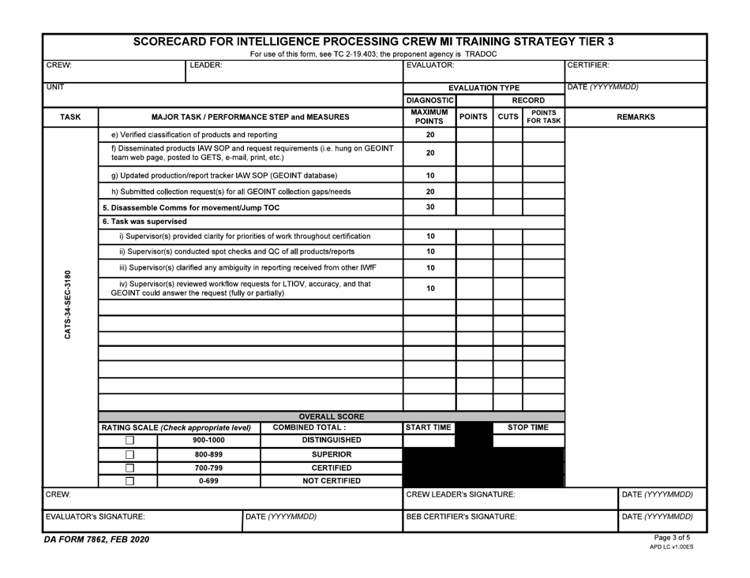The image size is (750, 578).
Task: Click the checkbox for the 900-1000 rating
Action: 130,441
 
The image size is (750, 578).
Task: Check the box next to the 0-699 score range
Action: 130,481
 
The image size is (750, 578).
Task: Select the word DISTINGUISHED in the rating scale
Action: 332,441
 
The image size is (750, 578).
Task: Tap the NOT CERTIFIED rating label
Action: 332,481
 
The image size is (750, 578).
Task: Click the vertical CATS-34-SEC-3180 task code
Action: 69,305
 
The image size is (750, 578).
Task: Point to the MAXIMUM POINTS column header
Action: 429,117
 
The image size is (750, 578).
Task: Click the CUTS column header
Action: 508,117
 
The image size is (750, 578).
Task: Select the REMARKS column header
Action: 636,117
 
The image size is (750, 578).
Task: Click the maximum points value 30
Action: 429,207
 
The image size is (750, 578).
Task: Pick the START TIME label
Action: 429,427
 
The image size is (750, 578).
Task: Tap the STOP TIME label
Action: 527,427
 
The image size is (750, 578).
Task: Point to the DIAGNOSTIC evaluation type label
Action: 429,101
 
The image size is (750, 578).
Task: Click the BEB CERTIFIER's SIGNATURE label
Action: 462,517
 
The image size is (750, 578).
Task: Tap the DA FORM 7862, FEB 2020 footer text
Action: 96,540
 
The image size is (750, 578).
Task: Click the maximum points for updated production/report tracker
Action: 429,175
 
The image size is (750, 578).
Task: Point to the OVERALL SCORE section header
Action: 332,416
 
